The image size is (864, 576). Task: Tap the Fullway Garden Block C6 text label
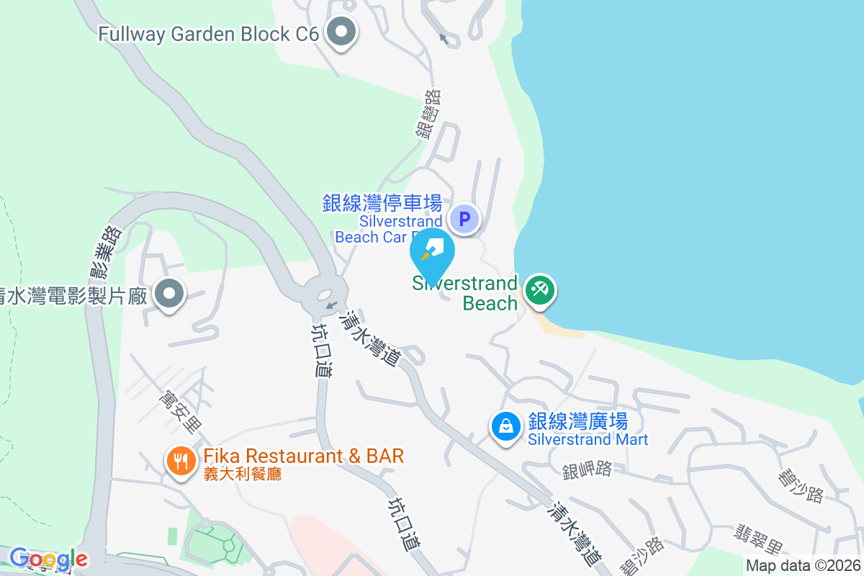point(209,34)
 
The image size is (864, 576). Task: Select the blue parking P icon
point(465,217)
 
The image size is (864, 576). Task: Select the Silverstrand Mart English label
point(588,439)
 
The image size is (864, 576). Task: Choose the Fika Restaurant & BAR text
point(303,456)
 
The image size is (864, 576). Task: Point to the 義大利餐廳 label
point(242,474)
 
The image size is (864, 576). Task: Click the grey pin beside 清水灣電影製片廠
point(171,294)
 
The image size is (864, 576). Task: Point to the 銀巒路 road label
point(428,113)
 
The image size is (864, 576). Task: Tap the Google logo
point(49,559)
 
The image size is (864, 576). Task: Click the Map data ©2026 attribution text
point(803,565)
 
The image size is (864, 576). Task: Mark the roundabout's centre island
point(323,294)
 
